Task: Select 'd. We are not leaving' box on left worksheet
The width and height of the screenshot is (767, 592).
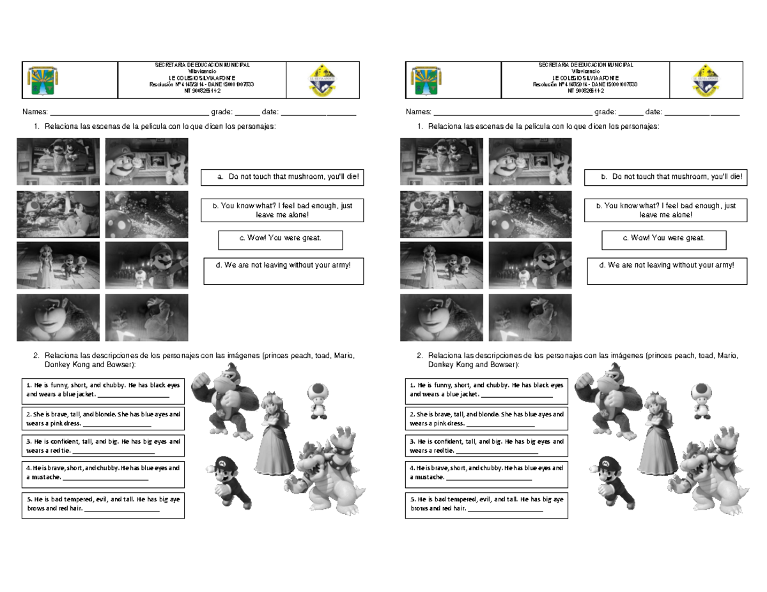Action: click(283, 270)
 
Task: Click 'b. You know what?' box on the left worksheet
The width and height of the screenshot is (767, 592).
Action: click(283, 210)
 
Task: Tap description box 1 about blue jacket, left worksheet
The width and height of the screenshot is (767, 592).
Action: click(103, 390)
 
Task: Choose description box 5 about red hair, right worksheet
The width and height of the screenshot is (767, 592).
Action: click(486, 505)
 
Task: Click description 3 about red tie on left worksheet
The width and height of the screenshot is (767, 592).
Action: click(103, 446)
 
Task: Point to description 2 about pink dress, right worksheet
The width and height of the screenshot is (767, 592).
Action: click(486, 418)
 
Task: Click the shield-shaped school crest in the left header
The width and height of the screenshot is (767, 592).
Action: click(322, 80)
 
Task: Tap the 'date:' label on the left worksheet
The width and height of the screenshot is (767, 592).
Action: click(270, 112)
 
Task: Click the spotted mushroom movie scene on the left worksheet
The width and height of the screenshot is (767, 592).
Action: click(146, 214)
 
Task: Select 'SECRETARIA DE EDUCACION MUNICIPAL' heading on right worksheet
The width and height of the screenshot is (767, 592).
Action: click(585, 65)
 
